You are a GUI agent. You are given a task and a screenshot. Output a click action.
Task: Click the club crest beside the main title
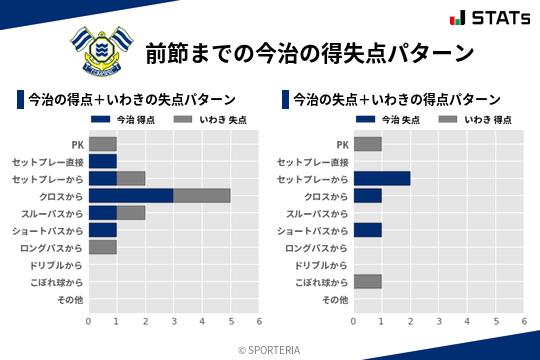pos(99,51)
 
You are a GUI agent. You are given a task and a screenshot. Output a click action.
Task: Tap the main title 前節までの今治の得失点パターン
pos(308,53)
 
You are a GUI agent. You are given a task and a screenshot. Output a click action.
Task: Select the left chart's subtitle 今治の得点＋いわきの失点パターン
pos(131,100)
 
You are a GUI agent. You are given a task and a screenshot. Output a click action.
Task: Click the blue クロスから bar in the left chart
pos(130,196)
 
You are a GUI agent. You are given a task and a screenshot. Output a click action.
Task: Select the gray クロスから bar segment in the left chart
pos(201,196)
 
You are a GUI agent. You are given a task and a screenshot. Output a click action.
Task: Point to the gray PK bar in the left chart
pos(102,144)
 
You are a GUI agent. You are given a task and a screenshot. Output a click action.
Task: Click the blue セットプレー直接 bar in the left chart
pos(102,161)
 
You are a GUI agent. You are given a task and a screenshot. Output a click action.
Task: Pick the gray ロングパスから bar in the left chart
pos(102,247)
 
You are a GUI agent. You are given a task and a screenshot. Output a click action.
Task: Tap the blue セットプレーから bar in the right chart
pos(382,178)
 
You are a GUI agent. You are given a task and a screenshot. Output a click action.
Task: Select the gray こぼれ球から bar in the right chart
pos(367,281)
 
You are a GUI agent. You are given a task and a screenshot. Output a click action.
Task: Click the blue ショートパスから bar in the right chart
pos(367,230)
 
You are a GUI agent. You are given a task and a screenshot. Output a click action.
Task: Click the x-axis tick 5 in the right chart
pos(496,321)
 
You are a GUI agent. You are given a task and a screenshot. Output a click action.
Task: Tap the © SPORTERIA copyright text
pos(269,350)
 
